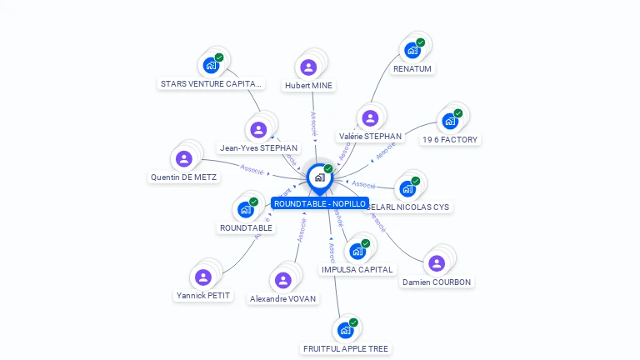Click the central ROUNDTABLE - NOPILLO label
point(319,203)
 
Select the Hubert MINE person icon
point(309,67)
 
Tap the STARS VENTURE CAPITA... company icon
point(211,65)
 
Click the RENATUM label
point(412,68)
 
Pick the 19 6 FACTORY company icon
point(450,121)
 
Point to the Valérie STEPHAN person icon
point(370,118)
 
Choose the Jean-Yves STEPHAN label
point(258,147)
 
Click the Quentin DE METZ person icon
point(184,159)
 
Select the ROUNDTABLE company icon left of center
point(246,209)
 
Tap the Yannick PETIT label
point(203,295)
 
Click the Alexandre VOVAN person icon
point(282,280)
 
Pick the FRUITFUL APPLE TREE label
point(346,348)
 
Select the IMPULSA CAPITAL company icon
point(357,251)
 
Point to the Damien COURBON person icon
point(437,263)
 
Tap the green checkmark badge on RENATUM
point(421,42)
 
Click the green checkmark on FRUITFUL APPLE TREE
point(353,322)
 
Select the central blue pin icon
point(318,177)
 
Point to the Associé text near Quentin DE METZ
point(252,169)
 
